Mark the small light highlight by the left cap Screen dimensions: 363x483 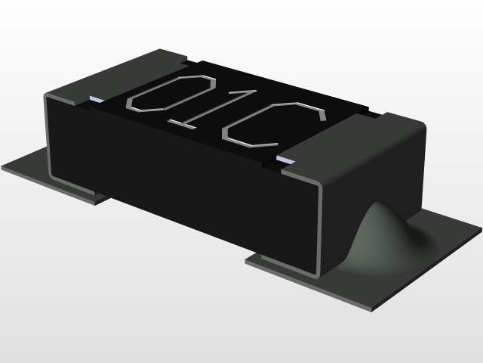pos(96,99)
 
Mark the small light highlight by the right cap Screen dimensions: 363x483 pos(286,160)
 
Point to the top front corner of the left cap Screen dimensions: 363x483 pos(48,96)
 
